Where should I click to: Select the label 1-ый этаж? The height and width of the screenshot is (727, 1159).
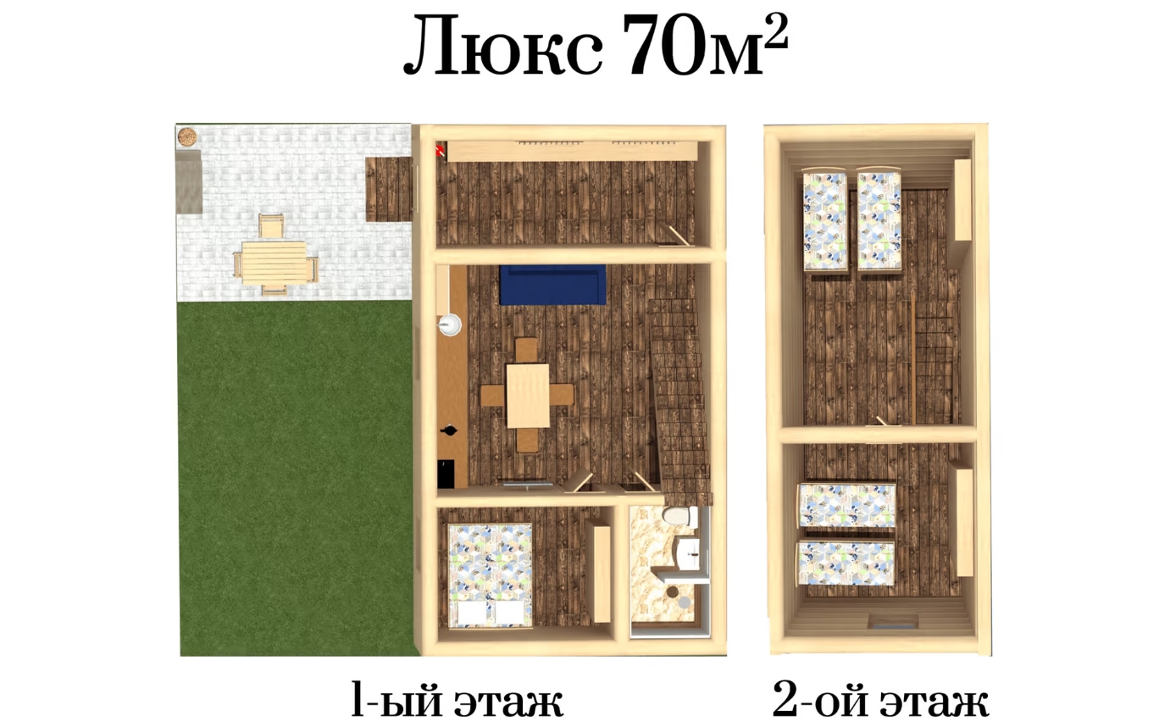pyautogui.click(x=457, y=701)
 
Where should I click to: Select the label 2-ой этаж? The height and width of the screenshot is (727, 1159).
pyautogui.click(x=880, y=701)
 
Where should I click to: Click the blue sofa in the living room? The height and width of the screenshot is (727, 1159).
pyautogui.click(x=552, y=285)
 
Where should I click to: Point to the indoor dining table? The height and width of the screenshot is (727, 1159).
pyautogui.click(x=528, y=396)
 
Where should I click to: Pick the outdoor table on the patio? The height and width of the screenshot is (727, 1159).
pyautogui.click(x=274, y=263)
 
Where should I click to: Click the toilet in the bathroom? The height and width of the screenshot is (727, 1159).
pyautogui.click(x=679, y=516)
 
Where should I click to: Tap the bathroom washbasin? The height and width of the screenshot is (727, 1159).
pyautogui.click(x=688, y=553)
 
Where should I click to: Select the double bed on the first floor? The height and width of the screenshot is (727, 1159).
pyautogui.click(x=490, y=575)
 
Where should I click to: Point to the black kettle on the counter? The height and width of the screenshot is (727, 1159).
pyautogui.click(x=448, y=430)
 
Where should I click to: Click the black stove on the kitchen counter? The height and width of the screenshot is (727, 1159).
pyautogui.click(x=446, y=474)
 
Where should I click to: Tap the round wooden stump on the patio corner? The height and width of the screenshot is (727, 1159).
pyautogui.click(x=186, y=136)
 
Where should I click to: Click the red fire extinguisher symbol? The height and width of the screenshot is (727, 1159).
pyautogui.click(x=440, y=150)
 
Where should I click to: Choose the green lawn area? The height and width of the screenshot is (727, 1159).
pyautogui.click(x=297, y=479)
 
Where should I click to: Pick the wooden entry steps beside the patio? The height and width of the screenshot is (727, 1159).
pyautogui.click(x=389, y=190)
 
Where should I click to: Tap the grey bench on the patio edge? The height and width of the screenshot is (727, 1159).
pyautogui.click(x=188, y=181)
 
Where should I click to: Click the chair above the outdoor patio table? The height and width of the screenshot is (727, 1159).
pyautogui.click(x=271, y=225)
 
